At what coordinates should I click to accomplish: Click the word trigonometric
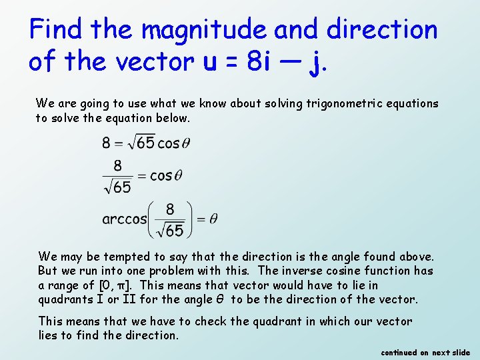click(x=347, y=103)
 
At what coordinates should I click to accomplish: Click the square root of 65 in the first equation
click(x=139, y=143)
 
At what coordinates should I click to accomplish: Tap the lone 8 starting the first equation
click(x=107, y=143)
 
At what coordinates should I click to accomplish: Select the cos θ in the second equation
click(x=166, y=176)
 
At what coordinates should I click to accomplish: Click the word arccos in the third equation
click(x=124, y=219)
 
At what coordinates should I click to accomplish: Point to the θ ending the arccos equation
click(x=213, y=219)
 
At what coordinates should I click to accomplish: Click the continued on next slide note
click(x=425, y=353)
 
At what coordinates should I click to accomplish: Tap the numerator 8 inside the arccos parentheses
click(x=169, y=209)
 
